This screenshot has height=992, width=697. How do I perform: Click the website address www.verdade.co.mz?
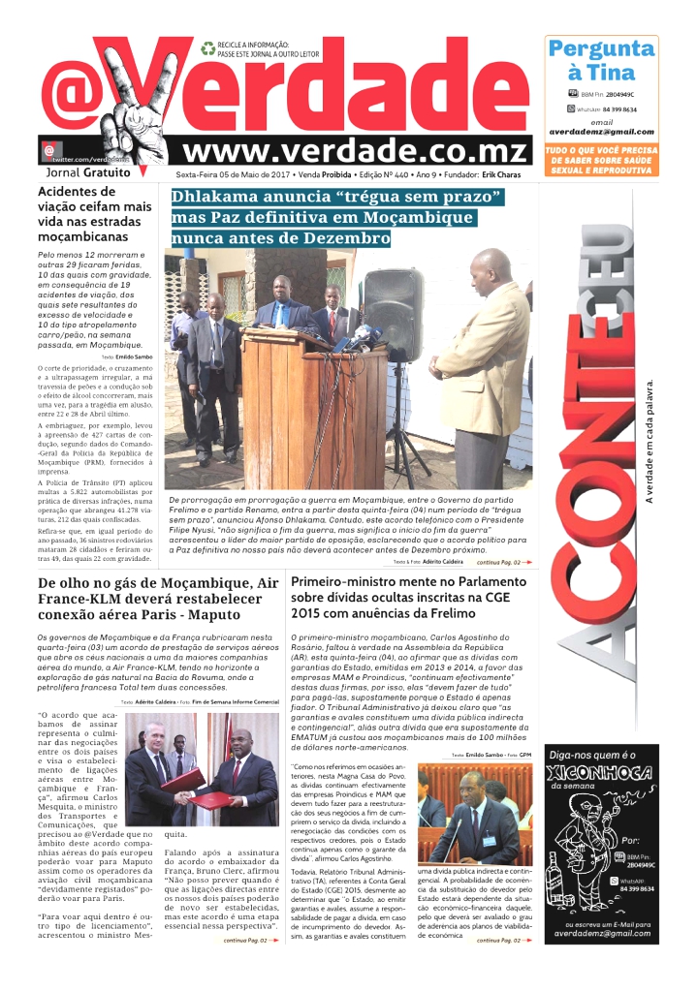coord(356,151)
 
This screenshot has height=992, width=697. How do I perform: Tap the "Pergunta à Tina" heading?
coord(601,60)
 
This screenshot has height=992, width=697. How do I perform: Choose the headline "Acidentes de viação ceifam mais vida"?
coord(94,213)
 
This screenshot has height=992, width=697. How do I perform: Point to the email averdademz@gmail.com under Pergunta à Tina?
coord(601,132)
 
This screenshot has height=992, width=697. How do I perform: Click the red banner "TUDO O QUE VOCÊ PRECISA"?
coord(601,160)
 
